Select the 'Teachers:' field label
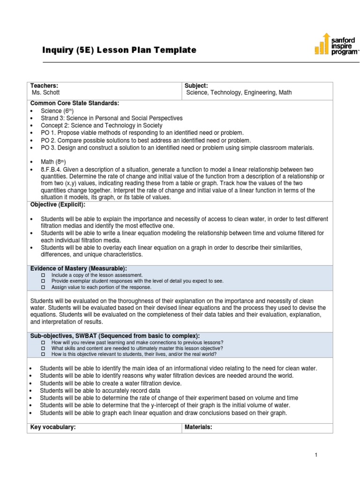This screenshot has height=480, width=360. click(x=44, y=86)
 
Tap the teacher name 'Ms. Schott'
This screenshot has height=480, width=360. click(x=46, y=93)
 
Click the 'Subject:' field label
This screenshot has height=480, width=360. click(x=196, y=86)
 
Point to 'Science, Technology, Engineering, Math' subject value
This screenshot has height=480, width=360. click(x=239, y=93)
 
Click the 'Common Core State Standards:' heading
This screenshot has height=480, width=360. click(x=75, y=103)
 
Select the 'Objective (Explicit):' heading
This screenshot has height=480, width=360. click(x=58, y=205)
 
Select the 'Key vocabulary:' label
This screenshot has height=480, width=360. click(x=53, y=427)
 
